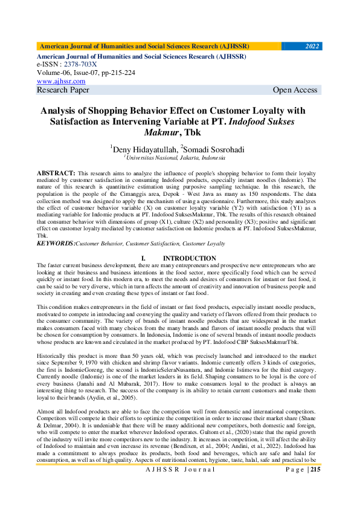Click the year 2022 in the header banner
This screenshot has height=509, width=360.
(312, 46)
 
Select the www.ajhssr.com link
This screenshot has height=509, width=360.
(61, 81)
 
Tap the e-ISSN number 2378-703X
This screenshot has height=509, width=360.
(80, 64)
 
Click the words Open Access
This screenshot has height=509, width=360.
(295, 90)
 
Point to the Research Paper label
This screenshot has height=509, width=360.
(63, 90)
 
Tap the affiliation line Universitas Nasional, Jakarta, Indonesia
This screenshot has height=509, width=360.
(175, 157)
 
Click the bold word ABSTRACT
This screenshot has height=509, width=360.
(56, 173)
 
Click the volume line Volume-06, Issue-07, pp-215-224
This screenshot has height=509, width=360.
(86, 73)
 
